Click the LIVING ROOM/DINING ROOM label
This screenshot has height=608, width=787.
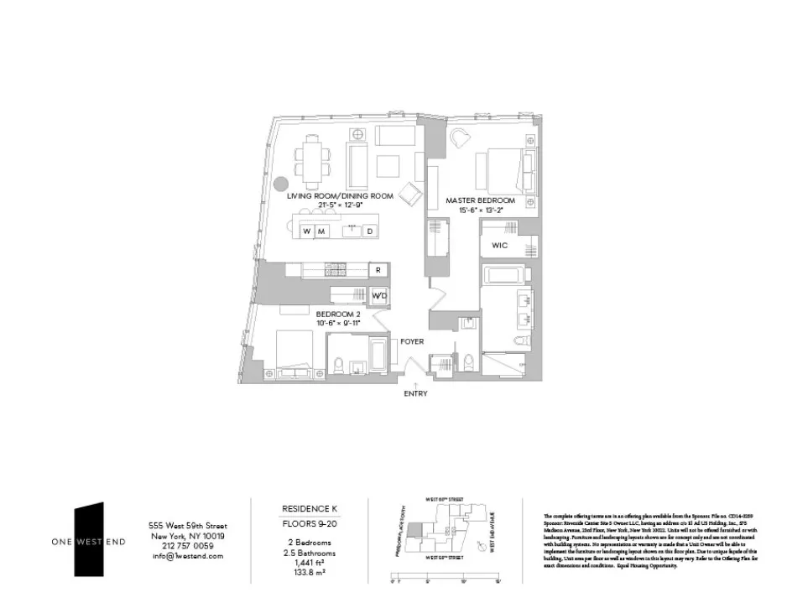(x=340, y=195)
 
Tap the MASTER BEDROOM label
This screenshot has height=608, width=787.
(x=480, y=200)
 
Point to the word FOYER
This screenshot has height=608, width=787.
(x=411, y=342)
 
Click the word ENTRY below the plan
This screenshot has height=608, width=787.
(x=415, y=393)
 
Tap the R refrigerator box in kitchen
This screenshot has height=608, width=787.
(x=379, y=270)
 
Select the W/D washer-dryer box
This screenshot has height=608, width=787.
(x=379, y=295)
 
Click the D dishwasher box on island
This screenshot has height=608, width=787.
(x=369, y=231)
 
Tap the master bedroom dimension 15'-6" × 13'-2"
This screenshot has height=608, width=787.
(x=480, y=210)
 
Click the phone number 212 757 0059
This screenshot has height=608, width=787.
(x=187, y=545)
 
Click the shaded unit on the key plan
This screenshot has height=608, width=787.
(x=414, y=528)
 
